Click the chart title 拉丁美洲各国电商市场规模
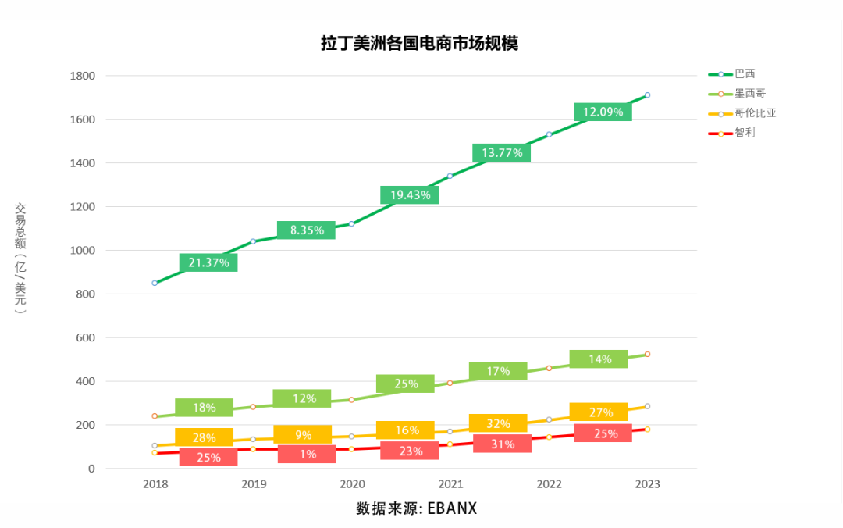pos(419,44)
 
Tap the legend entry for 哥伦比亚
pos(755,113)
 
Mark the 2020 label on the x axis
pos(351,484)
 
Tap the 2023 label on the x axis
pos(647,484)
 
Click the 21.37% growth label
pos(208,263)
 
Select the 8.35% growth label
pos(306,230)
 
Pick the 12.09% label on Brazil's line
pos(603,112)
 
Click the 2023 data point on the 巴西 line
pos(647,95)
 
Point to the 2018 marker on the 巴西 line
pos(155,283)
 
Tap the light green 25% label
pos(405,384)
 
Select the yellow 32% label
pos(498,423)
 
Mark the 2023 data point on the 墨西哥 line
pos(647,355)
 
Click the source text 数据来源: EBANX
pos(416,508)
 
